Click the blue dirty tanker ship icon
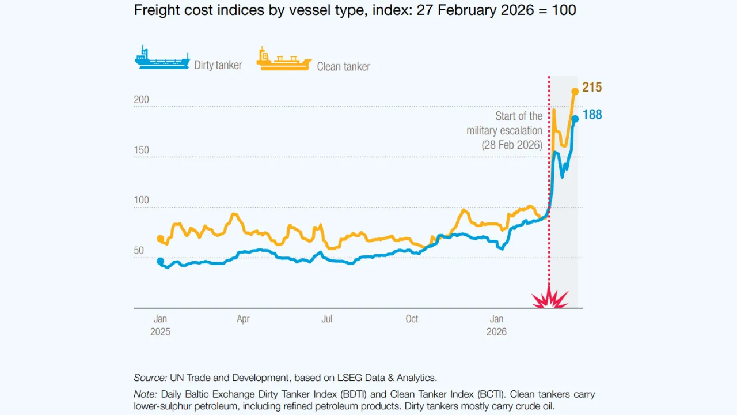click(x=162, y=59)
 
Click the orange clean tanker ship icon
click(x=283, y=60)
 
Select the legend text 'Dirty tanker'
click(x=218, y=65)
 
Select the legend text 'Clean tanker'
click(x=343, y=67)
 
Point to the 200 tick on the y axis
click(x=141, y=100)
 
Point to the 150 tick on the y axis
click(x=141, y=150)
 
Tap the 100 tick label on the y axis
click(x=141, y=201)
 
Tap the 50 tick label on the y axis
click(x=139, y=251)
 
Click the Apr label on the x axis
click(x=243, y=319)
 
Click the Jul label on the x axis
click(x=326, y=319)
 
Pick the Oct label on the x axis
click(x=412, y=319)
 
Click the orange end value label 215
click(x=592, y=88)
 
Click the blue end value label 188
click(x=592, y=115)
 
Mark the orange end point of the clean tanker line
click(x=575, y=91)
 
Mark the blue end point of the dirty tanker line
click(x=575, y=119)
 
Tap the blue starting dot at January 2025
click(x=160, y=261)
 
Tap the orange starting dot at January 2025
click(x=160, y=239)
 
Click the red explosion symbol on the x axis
click(x=549, y=298)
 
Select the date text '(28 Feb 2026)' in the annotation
click(x=512, y=145)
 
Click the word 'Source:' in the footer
click(x=150, y=378)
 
